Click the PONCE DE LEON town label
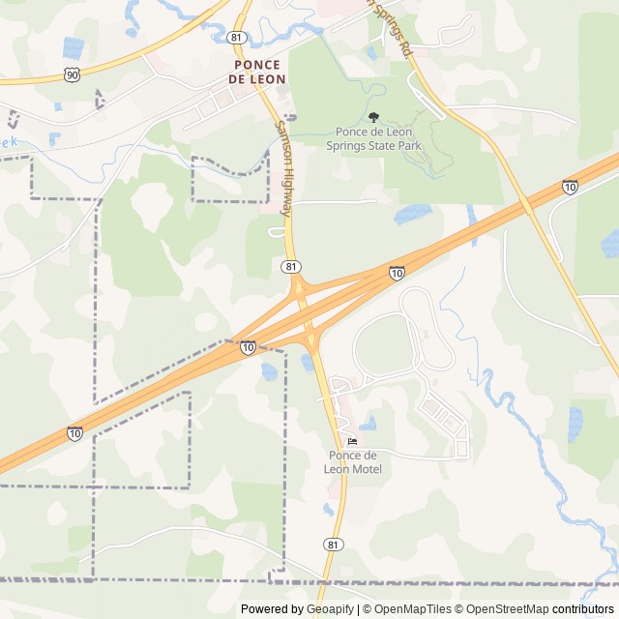[256, 72]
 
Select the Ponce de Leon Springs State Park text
[378, 138]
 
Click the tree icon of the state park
[373, 117]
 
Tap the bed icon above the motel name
[351, 441]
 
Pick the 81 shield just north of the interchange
[292, 265]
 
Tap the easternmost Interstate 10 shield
[571, 187]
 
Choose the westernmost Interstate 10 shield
[74, 432]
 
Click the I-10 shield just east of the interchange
[398, 274]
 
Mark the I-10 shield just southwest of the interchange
[249, 346]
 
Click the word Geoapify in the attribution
[329, 609]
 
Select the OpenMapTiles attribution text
[413, 609]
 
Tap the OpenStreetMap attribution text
[503, 609]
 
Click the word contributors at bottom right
[583, 609]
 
